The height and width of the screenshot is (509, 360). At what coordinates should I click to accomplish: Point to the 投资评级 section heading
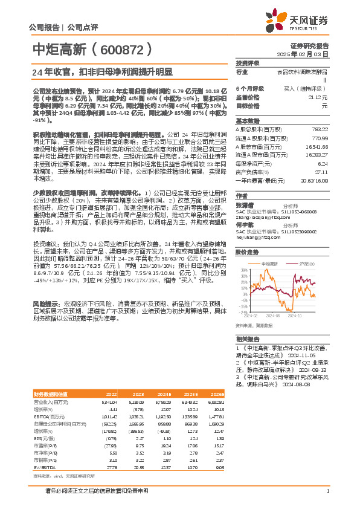pyautogui.click(x=247, y=63)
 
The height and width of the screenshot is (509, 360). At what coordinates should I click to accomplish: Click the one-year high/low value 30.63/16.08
pyautogui.click(x=313, y=181)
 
